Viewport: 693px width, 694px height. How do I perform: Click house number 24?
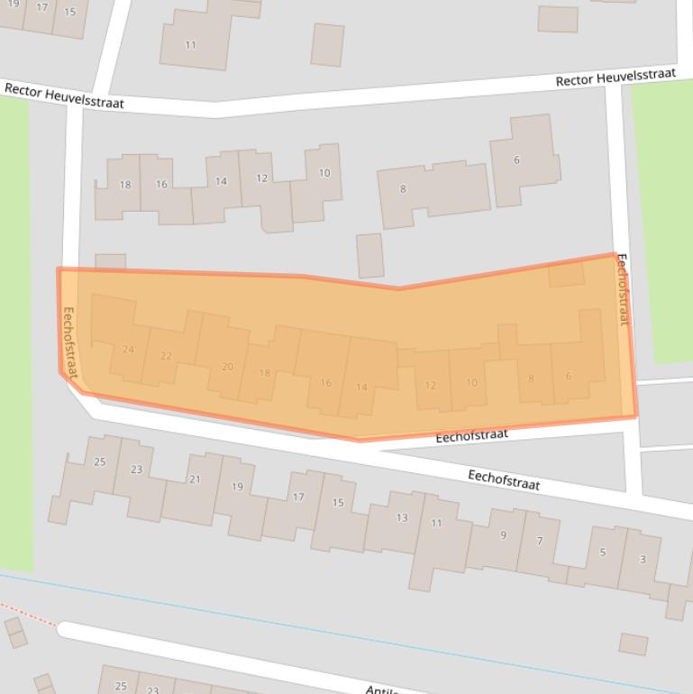click(128, 350)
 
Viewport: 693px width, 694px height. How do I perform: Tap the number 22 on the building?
click(166, 356)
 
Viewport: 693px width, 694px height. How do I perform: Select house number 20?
click(227, 367)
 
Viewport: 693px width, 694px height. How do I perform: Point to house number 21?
click(195, 479)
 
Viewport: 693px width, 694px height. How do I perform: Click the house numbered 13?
click(402, 517)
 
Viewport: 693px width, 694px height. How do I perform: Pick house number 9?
click(503, 535)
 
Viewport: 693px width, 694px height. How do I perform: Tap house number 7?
click(540, 541)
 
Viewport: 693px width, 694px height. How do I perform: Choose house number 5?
click(603, 552)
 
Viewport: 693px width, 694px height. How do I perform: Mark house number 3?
click(643, 560)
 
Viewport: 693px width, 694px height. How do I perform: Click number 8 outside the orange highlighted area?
click(403, 189)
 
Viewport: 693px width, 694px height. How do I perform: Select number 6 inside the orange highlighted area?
click(569, 377)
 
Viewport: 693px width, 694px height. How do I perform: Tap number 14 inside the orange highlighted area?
click(361, 388)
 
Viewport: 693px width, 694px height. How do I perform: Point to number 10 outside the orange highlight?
click(324, 173)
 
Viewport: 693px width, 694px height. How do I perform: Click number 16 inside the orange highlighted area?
click(325, 383)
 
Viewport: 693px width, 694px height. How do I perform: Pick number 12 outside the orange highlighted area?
click(261, 178)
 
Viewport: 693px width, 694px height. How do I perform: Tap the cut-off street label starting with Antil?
click(381, 689)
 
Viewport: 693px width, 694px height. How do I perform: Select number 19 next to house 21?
click(237, 487)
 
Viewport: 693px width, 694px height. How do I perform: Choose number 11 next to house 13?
click(436, 523)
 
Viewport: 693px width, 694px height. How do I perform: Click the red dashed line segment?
click(27, 615)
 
